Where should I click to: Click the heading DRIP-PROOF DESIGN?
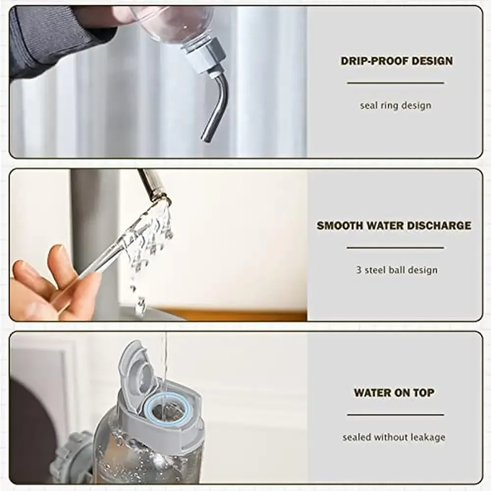pyautogui.click(x=396, y=61)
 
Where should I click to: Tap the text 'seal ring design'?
pyautogui.click(x=395, y=105)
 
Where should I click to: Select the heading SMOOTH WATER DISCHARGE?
pyautogui.click(x=394, y=226)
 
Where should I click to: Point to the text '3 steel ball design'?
pyautogui.click(x=397, y=270)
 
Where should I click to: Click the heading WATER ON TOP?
pyautogui.click(x=394, y=393)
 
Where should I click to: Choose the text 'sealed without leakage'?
pyautogui.click(x=394, y=437)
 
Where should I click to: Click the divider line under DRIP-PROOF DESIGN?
pyautogui.click(x=395, y=83)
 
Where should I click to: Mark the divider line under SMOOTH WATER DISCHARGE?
pyautogui.click(x=395, y=247)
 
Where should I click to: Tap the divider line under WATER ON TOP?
pyautogui.click(x=395, y=415)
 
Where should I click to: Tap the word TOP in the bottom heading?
pyautogui.click(x=423, y=393)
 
